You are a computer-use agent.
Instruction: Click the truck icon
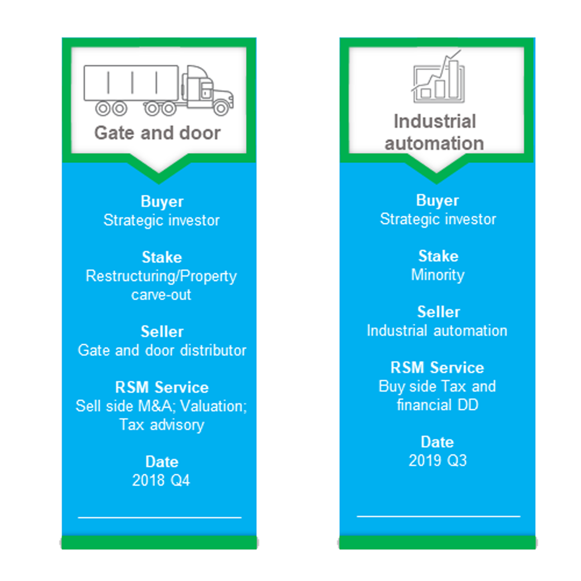pyautogui.click(x=159, y=90)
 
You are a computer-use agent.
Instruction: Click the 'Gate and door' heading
pyautogui.click(x=157, y=132)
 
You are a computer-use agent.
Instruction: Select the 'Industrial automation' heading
pyautogui.click(x=435, y=132)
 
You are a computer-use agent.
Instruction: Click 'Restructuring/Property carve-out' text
pyautogui.click(x=161, y=285)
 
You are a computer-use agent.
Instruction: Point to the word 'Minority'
pyautogui.click(x=437, y=275)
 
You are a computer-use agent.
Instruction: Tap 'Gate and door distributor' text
pyautogui.click(x=162, y=350)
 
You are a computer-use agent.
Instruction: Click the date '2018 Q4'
pyautogui.click(x=161, y=480)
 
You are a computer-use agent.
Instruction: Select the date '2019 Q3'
pyautogui.click(x=437, y=461)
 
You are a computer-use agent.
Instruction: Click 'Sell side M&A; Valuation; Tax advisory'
pyautogui.click(x=161, y=415)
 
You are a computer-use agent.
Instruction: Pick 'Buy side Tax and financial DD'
pyautogui.click(x=437, y=396)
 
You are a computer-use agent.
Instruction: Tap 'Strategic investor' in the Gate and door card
pyautogui.click(x=162, y=220)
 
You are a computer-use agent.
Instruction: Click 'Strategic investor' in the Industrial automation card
pyautogui.click(x=438, y=220)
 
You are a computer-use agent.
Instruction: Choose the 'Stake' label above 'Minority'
pyautogui.click(x=438, y=256)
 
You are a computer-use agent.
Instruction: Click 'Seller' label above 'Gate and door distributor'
pyautogui.click(x=162, y=332)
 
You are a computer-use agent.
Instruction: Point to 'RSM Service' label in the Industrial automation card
pyautogui.click(x=437, y=368)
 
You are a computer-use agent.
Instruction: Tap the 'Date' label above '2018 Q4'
pyautogui.click(x=162, y=462)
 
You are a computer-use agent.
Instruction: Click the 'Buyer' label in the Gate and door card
pyautogui.click(x=162, y=202)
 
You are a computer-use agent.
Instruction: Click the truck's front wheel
pyautogui.click(x=221, y=108)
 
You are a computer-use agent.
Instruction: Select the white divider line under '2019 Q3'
pyautogui.click(x=438, y=516)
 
